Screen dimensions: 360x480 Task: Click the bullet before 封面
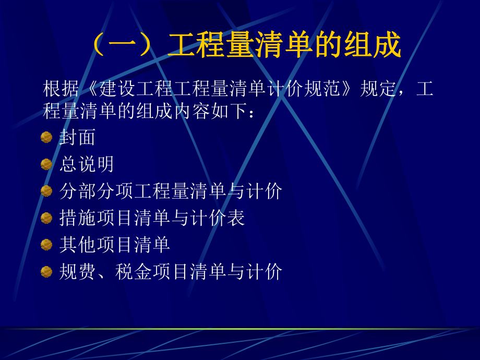[46, 137]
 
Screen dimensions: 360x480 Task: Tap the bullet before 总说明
[46, 164]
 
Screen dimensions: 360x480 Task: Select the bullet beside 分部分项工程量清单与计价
[46, 191]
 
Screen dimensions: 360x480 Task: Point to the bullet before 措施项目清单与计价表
[46, 218]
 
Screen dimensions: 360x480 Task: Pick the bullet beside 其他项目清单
[46, 245]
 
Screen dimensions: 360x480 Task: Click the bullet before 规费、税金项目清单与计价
[46, 272]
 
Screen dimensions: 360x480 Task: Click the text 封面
[77, 137]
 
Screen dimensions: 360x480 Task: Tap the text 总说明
[87, 164]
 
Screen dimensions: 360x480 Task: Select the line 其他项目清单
[114, 245]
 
